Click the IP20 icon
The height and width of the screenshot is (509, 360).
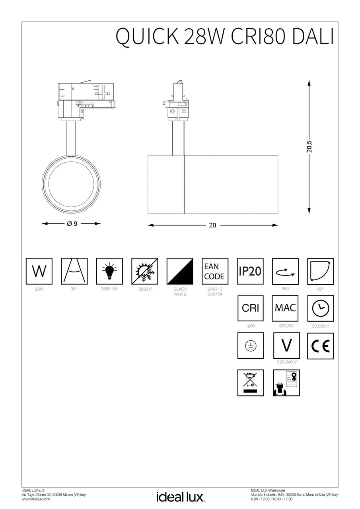(x=250, y=271)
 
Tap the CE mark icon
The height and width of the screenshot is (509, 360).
(x=320, y=346)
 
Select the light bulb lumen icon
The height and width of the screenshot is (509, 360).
(x=109, y=271)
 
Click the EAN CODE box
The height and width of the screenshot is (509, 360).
(x=215, y=271)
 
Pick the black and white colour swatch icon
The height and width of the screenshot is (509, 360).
(x=180, y=271)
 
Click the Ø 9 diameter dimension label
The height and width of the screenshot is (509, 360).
(x=72, y=223)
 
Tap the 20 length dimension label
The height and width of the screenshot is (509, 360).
(x=212, y=225)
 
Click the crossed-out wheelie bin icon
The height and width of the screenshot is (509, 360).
(x=250, y=383)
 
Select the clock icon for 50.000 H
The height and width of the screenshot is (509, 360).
(x=320, y=309)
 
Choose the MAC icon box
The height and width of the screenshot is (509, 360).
(x=285, y=309)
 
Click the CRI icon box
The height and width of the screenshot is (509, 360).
(x=250, y=309)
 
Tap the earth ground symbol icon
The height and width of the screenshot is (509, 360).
(x=250, y=346)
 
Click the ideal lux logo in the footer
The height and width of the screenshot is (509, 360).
(x=180, y=497)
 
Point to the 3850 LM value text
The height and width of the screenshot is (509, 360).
(x=109, y=289)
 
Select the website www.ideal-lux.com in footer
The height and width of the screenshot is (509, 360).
(x=36, y=499)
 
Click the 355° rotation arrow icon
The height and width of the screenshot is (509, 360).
(x=285, y=271)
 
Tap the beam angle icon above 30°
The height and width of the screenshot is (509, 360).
(x=74, y=271)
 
